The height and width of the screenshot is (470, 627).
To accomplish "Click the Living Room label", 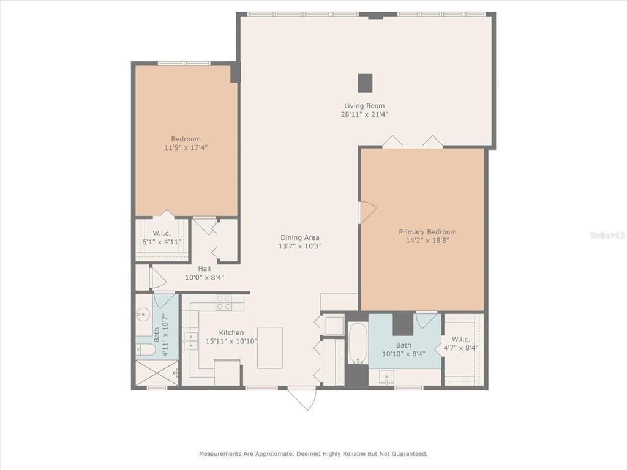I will tap(364, 106).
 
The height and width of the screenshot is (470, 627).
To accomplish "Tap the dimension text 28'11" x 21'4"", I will tap(364, 114).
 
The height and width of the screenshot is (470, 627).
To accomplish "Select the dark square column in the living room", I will tap(365, 83).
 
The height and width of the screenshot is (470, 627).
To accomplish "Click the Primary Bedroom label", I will tap(427, 232).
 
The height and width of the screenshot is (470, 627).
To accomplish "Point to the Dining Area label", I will tap(299, 237).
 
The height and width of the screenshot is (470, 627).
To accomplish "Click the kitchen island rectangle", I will tap(270, 348).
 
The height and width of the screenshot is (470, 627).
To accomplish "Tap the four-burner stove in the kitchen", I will tap(224, 302).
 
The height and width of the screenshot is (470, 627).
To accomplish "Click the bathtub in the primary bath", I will tap(358, 343).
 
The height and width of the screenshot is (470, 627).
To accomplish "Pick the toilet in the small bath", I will tap(145, 350).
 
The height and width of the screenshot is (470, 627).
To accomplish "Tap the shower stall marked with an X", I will tap(156, 373).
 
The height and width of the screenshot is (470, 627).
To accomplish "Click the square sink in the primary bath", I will tap(386, 377).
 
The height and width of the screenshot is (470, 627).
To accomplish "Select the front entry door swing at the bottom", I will tap(302, 398).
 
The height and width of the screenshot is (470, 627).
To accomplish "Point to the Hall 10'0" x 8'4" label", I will tap(205, 273).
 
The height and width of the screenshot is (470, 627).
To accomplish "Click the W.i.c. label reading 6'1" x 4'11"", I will tap(162, 237).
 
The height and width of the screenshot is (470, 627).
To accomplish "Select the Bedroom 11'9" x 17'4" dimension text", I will tap(186, 147).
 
